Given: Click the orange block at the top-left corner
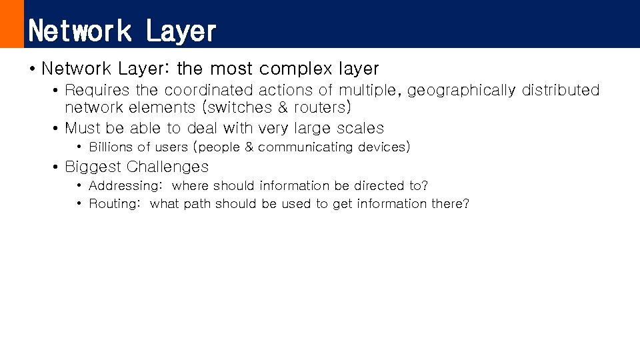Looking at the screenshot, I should pos(11,23).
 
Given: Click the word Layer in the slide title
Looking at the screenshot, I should pos(181,31).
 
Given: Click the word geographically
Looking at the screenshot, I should pos(461,90).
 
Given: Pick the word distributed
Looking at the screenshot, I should pos(561,90).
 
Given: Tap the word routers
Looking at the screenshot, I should pos(320,108).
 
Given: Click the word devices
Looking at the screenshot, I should pos(383,147).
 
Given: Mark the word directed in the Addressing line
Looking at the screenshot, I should pos(379,186).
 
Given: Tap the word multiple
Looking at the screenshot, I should pos(369,90).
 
